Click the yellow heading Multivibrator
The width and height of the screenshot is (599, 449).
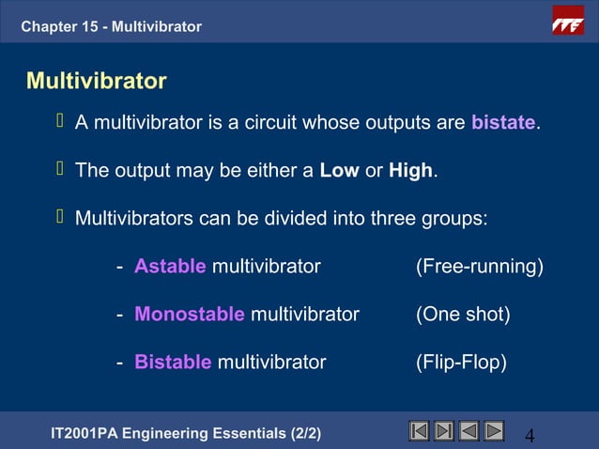pos(97,81)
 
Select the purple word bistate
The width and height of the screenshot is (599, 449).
pos(503,123)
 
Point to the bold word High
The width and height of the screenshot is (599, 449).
pos(410,171)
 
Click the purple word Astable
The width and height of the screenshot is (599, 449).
pos(170,267)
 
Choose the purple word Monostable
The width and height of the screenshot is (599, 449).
pos(190,315)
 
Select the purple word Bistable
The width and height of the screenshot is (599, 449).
pos(173,363)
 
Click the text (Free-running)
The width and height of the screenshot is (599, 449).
pos(480,267)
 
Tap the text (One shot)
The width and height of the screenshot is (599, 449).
pos(463,315)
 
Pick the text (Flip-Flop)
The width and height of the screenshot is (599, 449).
pos(461,363)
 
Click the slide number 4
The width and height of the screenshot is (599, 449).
pos(530,435)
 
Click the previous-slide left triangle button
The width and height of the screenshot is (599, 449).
pos(468,432)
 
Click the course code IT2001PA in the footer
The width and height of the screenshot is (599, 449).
pos(91,433)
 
